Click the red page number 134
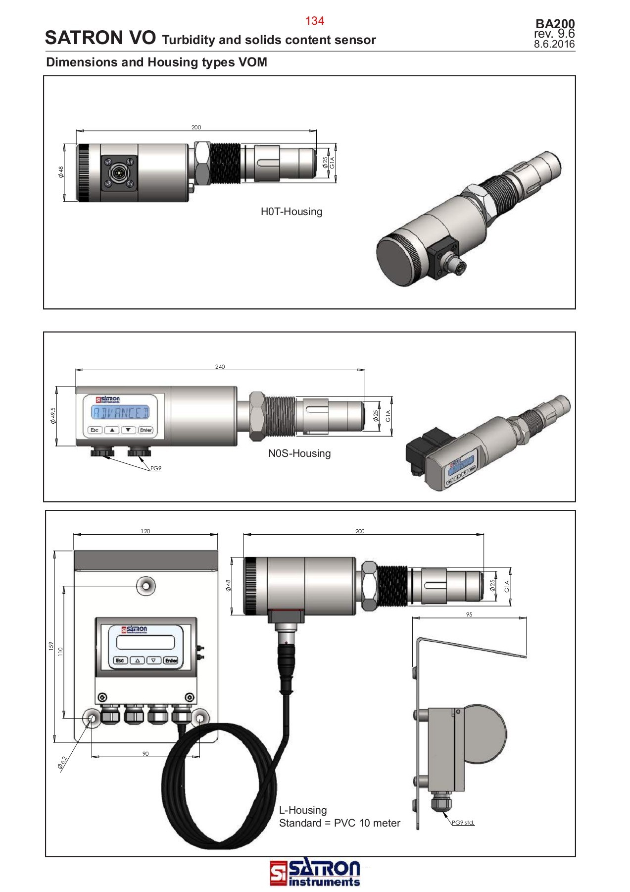pos(314,21)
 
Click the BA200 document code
pos(555,24)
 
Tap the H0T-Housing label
pos(291,212)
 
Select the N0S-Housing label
pos(299,453)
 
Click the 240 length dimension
pos(220,367)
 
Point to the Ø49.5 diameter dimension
pos(53,416)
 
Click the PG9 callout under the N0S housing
pos(156,468)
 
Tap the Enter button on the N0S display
pos(145,430)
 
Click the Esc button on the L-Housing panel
pos(120,661)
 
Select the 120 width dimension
pos(145,531)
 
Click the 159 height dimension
pos(50,646)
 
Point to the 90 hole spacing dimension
pos(145,754)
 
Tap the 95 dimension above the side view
pos(469,614)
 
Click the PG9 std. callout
pos(463,823)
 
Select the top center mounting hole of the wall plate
pos(145,586)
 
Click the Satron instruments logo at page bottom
pos(315,873)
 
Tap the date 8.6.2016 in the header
pos(554,44)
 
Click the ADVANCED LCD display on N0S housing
pos(120,412)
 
